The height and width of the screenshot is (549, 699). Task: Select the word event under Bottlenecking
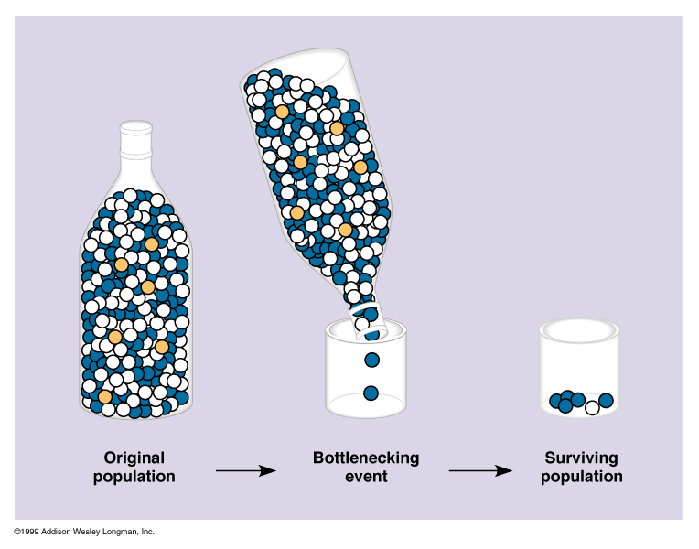pos(367,477)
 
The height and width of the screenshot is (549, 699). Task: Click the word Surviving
pos(582,457)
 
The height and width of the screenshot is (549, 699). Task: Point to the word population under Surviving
pos(582,477)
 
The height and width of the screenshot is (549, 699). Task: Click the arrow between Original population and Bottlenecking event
pos(245,470)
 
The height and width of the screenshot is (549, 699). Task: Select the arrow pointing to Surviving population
pos(479,470)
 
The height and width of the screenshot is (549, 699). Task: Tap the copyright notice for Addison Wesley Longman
pos(84,532)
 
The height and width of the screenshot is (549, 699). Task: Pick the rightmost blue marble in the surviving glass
pos(606,400)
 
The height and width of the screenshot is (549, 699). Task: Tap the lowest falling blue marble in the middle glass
pos(371,393)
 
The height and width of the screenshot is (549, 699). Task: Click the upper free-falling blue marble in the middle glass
pos(371,360)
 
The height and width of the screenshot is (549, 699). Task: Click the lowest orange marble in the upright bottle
pos(105,396)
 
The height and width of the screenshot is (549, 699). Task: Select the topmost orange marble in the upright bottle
pos(151,244)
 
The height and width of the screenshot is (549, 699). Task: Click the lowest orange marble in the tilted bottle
pos(345,230)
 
